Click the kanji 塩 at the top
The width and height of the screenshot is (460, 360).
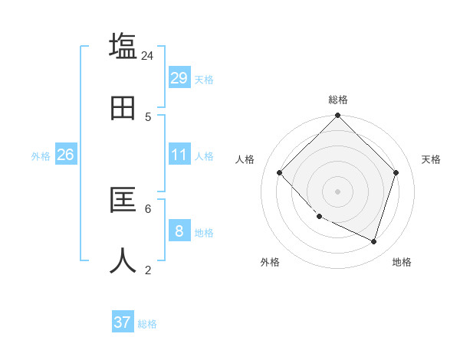tap(123, 46)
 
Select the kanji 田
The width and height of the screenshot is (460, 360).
tap(123, 108)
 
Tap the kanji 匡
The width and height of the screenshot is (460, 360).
tap(123, 200)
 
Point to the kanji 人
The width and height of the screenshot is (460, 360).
tap(123, 261)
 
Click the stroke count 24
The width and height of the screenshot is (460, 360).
tap(147, 56)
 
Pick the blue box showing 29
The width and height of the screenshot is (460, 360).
tap(179, 78)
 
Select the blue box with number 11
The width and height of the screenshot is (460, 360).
tap(179, 155)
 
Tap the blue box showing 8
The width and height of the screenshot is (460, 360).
tap(179, 231)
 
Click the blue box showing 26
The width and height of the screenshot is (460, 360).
tap(65, 155)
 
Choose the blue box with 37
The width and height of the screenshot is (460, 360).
tap(123, 322)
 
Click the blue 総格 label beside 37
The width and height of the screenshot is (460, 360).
tap(147, 324)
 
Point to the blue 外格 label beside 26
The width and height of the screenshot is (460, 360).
tap(41, 156)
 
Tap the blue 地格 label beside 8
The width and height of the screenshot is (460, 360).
tap(204, 233)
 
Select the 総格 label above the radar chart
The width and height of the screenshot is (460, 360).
tap(338, 100)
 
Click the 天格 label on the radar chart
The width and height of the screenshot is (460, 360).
tap(431, 159)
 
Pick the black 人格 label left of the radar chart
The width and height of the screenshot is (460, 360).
tap(245, 159)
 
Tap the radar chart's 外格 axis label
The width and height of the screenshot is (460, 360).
tap(270, 262)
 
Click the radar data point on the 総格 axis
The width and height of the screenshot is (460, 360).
tap(338, 116)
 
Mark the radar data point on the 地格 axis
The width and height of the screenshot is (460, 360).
tap(374, 241)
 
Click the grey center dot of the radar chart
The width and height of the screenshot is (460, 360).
tap(338, 191)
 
